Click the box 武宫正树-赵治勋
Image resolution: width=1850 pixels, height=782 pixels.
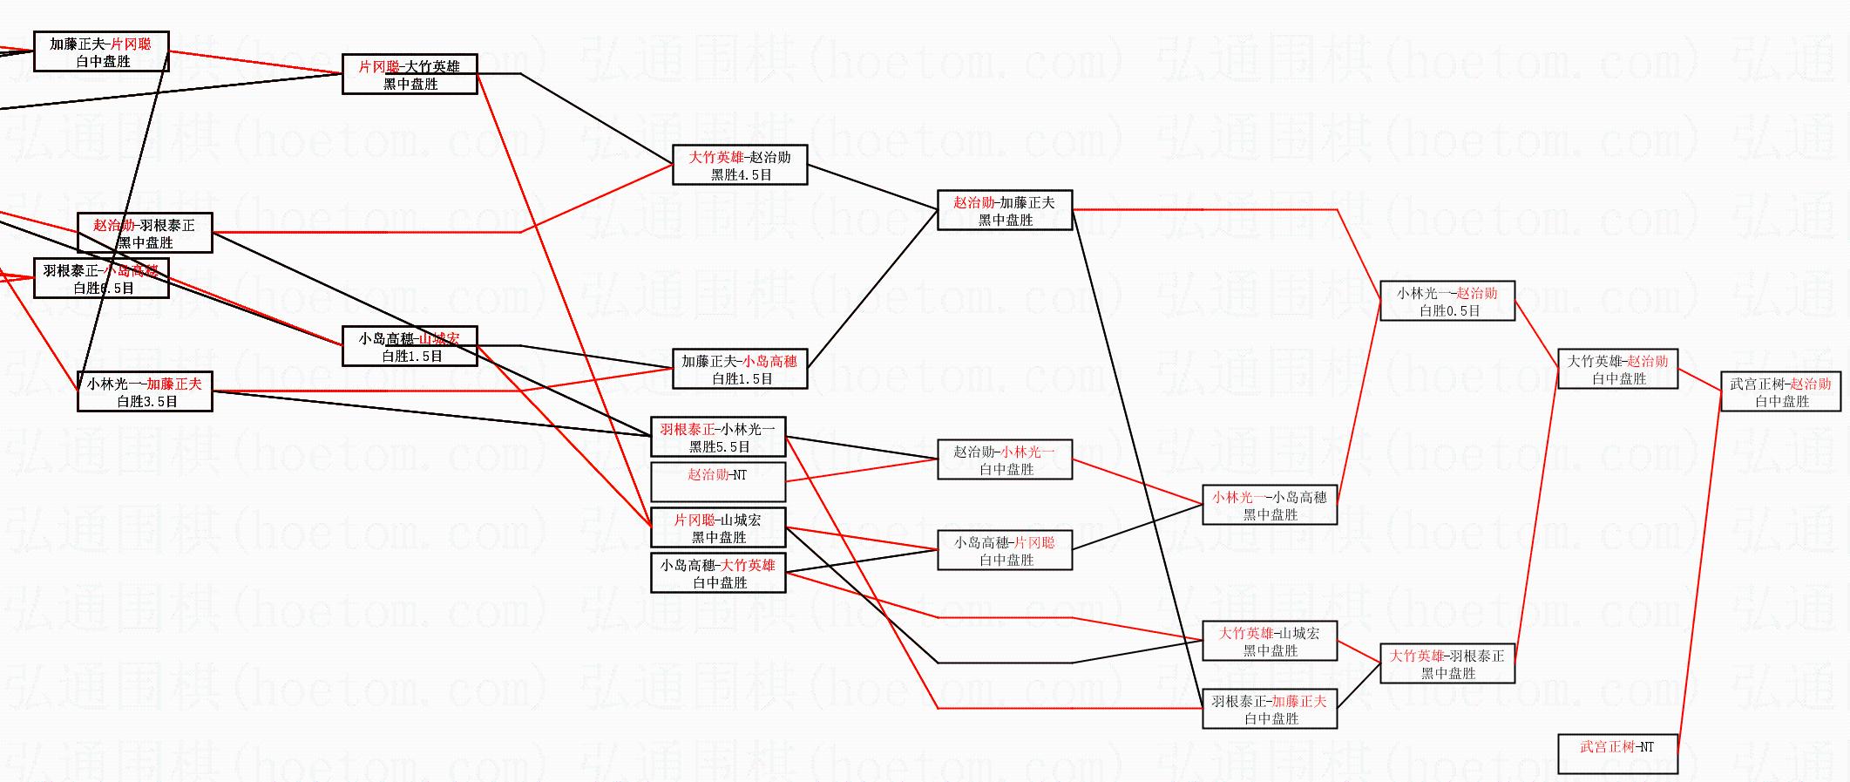(x=1780, y=392)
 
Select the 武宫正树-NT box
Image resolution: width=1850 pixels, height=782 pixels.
(x=1617, y=754)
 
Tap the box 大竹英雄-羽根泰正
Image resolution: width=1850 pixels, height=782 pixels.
(x=1447, y=664)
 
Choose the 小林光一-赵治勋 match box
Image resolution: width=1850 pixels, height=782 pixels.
(x=1447, y=302)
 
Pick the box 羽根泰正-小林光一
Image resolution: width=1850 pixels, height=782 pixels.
(x=718, y=438)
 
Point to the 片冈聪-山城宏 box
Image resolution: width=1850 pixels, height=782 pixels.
(x=718, y=528)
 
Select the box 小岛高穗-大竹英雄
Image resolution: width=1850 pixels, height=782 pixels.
(x=718, y=574)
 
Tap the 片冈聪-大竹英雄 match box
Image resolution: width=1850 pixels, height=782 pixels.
(x=410, y=75)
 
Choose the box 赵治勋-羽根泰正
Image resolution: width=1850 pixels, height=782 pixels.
(x=145, y=234)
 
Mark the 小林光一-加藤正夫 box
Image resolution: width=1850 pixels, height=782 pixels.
(x=145, y=392)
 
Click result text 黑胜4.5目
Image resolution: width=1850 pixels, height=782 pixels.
(x=741, y=175)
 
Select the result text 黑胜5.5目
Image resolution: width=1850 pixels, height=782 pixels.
(x=719, y=447)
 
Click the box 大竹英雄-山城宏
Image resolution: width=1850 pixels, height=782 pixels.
(x=1270, y=642)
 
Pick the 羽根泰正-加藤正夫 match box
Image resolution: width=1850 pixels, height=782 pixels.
(x=1270, y=710)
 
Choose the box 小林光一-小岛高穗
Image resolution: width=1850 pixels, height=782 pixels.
(x=1270, y=506)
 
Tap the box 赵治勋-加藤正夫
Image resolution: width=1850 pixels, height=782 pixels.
(x=1005, y=211)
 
